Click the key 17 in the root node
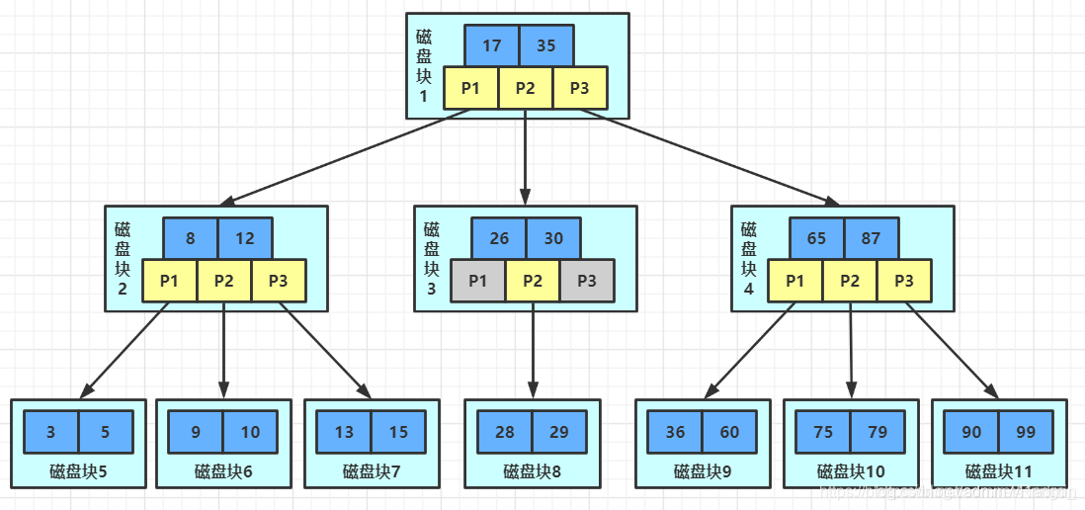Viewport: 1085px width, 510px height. [491, 45]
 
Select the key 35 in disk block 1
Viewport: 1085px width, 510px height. [545, 45]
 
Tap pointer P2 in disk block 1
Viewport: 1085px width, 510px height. [525, 88]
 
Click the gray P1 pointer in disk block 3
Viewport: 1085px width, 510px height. [478, 281]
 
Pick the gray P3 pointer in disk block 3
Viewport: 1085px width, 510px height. [587, 281]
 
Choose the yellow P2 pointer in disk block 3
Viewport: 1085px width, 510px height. [533, 281]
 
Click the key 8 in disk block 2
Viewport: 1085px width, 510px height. [191, 238]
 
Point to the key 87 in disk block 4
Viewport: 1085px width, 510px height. [871, 238]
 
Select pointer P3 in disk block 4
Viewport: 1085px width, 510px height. [903, 281]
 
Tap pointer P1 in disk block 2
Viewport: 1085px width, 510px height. [169, 281]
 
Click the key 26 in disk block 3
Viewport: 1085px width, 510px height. [499, 238]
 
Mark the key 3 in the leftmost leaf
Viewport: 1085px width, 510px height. [51, 432]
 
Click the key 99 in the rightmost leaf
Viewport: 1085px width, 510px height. [1026, 432]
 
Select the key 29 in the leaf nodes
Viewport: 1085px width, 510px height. [559, 432]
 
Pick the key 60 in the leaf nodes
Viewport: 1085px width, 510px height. [729, 432]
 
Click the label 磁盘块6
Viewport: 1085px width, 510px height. [223, 471]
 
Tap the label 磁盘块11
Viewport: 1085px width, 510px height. [998, 471]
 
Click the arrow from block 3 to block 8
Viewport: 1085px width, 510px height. [533, 346]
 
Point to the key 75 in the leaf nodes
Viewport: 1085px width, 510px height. [823, 432]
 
